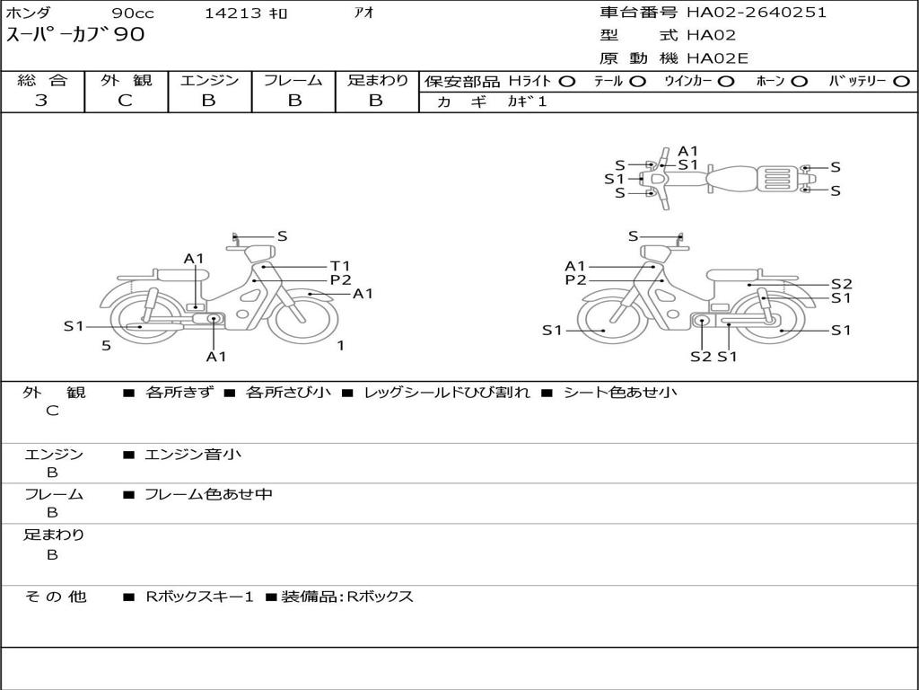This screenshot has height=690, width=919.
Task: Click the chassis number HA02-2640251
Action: (757, 13)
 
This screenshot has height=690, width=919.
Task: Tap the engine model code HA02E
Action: (717, 58)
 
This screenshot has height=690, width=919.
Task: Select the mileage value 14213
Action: (232, 13)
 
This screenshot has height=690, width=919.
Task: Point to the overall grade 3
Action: (41, 101)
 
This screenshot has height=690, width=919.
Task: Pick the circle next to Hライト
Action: (567, 82)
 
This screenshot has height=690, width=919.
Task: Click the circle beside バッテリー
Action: (902, 82)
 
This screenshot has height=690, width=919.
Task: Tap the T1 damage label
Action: (340, 266)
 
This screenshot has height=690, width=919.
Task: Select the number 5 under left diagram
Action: (106, 346)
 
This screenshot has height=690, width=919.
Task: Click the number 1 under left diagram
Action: (340, 346)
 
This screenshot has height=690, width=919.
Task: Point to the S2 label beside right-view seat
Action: (842, 285)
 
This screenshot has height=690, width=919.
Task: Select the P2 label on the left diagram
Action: (340, 280)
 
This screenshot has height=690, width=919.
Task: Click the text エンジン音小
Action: (193, 454)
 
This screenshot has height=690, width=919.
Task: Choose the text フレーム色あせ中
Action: (208, 494)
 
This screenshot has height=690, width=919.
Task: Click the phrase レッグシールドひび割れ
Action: (447, 393)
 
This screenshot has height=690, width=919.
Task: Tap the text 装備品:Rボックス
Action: (347, 597)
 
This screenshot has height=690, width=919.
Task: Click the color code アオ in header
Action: (364, 13)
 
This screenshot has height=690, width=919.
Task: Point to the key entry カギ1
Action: (527, 102)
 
